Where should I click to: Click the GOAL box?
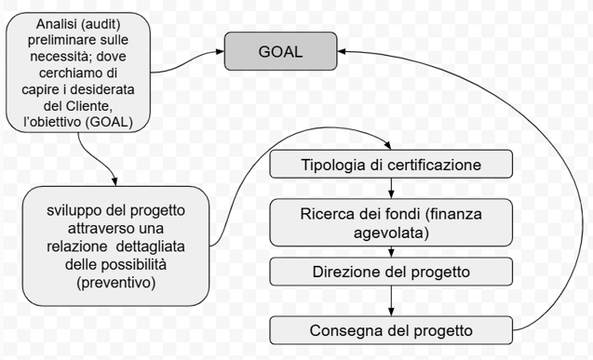(x=279, y=51)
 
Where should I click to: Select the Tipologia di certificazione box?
(x=391, y=166)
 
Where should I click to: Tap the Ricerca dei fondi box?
(x=391, y=223)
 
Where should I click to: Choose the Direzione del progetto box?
(x=391, y=272)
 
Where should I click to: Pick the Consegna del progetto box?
(x=391, y=330)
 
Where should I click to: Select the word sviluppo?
(x=74, y=210)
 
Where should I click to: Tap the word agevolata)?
(x=391, y=233)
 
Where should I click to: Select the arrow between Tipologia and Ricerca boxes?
(x=391, y=188)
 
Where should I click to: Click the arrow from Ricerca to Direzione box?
(x=391, y=251)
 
